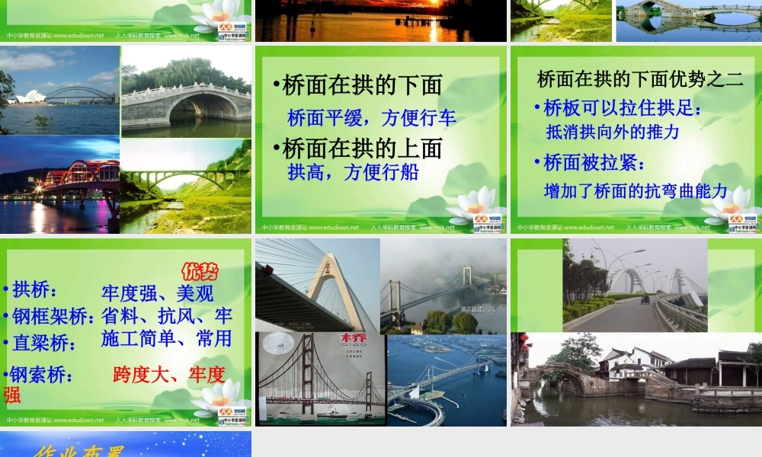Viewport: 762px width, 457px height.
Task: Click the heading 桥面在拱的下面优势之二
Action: point(640,78)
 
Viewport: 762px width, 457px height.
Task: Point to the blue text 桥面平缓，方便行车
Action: point(372,118)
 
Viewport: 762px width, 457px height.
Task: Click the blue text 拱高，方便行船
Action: point(353,172)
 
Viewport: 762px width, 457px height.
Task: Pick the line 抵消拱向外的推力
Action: point(613,132)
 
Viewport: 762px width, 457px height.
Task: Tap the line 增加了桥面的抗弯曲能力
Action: point(636,191)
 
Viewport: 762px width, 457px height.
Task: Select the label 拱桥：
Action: point(34,290)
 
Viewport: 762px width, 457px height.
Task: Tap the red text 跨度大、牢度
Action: point(168,374)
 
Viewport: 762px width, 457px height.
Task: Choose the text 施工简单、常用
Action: point(166,338)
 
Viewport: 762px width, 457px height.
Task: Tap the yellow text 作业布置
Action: point(76,449)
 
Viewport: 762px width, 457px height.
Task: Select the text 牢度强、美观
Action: point(157,293)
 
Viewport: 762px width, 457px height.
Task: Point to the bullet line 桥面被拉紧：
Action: point(594,162)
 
